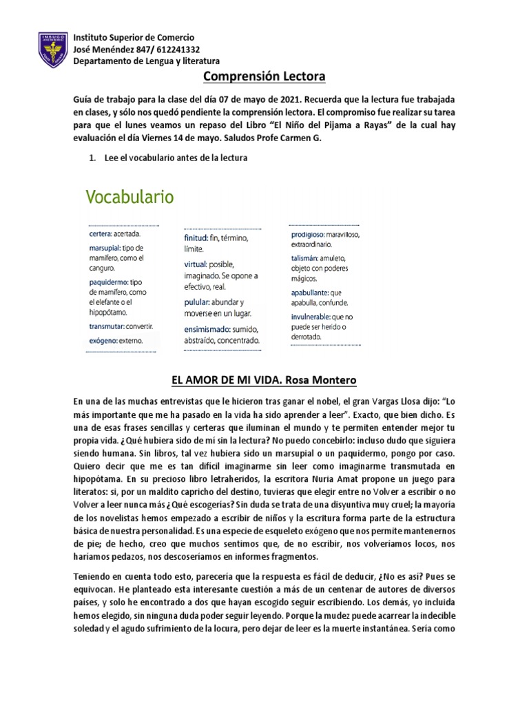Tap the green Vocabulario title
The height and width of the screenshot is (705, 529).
point(129,198)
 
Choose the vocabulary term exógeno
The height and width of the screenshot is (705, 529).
point(103,340)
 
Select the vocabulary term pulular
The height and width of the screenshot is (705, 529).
point(197,302)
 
